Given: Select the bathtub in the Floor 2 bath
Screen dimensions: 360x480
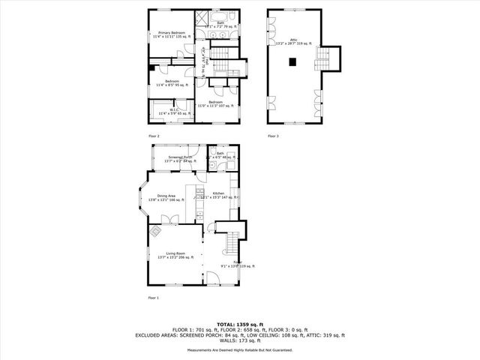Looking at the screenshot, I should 223,16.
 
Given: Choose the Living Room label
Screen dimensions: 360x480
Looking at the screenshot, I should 175,256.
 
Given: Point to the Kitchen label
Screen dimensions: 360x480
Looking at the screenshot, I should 219,195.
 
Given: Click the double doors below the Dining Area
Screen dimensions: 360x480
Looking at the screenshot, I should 172,220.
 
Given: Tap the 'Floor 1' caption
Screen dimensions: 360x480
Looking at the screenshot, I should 154,298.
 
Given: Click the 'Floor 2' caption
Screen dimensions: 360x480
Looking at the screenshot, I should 154,136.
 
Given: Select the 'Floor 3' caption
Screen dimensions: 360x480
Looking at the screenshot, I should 273,136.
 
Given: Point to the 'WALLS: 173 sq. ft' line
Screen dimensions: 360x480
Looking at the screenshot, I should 239,341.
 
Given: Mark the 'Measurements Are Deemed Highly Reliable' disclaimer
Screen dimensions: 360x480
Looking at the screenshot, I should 239,351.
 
